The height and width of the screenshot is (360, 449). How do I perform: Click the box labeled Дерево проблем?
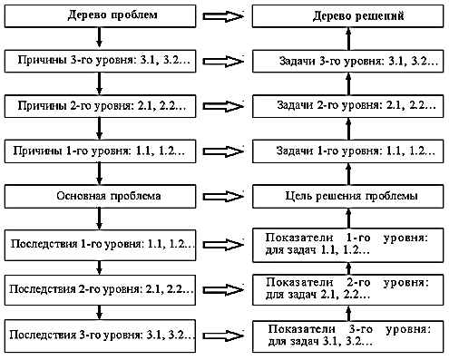pyautogui.click(x=100, y=16)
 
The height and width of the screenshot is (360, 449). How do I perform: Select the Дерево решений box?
pyautogui.click(x=348, y=16)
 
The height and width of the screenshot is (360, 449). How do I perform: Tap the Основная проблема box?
pyautogui.click(x=100, y=197)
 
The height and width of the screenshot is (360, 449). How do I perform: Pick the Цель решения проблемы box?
pyautogui.click(x=348, y=197)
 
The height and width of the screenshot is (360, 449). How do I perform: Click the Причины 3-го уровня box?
pyautogui.click(x=100, y=61)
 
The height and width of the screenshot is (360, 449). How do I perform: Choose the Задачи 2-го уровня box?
pyautogui.click(x=348, y=106)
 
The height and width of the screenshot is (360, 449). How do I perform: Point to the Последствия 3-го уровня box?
pyautogui.click(x=100, y=336)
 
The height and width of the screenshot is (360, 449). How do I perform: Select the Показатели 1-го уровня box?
pyautogui.click(x=348, y=245)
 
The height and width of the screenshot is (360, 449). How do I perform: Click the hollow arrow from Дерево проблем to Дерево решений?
pyautogui.click(x=223, y=16)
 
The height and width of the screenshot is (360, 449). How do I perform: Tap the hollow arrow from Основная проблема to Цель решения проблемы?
pyautogui.click(x=223, y=197)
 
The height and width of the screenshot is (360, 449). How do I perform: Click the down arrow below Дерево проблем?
pyautogui.click(x=99, y=37)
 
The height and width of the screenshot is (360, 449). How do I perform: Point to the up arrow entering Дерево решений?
pyautogui.click(x=348, y=39)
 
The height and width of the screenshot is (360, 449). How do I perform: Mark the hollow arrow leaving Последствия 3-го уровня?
pyautogui.click(x=223, y=336)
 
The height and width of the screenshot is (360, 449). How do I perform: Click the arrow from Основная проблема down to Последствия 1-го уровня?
pyautogui.click(x=99, y=218)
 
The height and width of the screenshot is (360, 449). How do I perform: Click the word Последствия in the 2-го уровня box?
pyautogui.click(x=43, y=289)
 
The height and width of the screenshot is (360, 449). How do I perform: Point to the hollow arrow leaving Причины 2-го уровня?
pyautogui.click(x=223, y=106)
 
